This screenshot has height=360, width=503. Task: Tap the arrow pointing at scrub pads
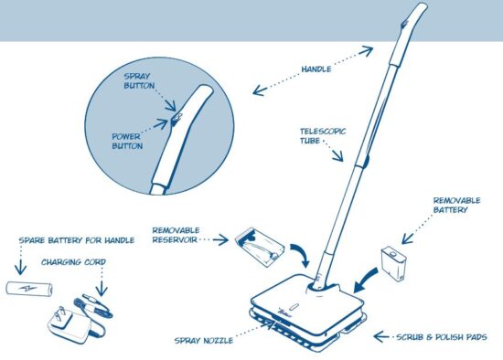point(383,337)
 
